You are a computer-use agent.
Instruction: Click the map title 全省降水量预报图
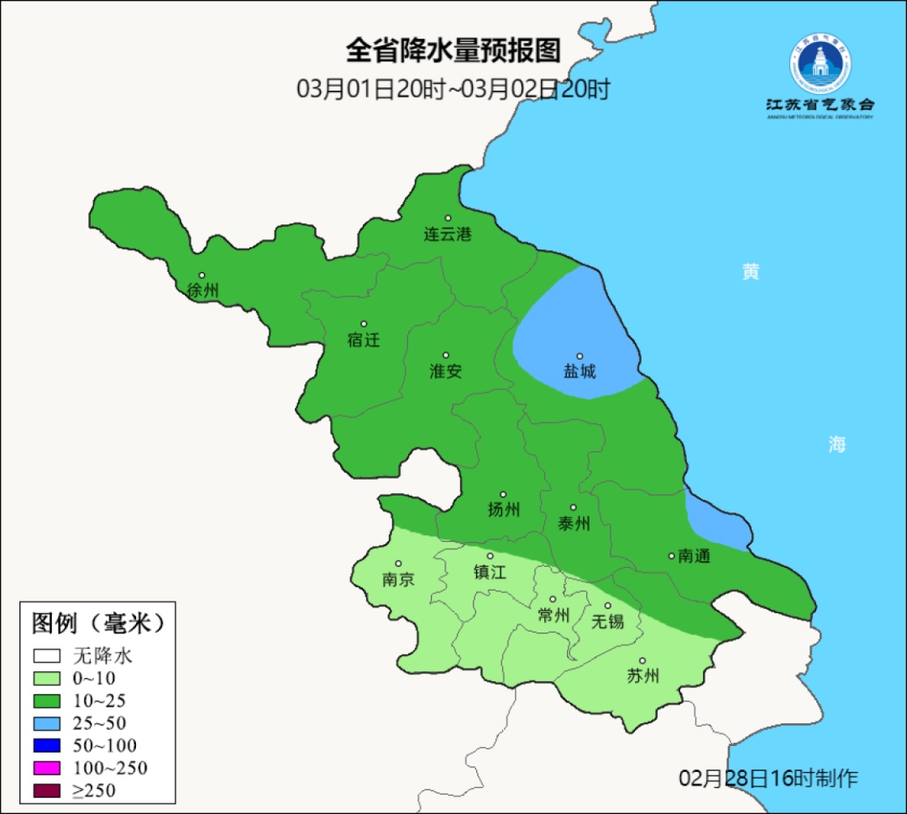click(453, 50)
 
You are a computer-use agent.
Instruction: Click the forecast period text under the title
click(453, 89)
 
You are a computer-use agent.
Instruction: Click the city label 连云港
click(448, 234)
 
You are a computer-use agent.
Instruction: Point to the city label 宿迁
click(364, 340)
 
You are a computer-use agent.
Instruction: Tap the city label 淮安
click(446, 370)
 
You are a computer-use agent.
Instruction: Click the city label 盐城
click(579, 370)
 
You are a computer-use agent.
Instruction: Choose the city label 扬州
click(504, 509)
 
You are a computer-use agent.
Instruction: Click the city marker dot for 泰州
click(574, 507)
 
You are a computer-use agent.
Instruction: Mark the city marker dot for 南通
click(672, 555)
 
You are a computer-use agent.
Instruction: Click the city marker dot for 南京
click(399, 565)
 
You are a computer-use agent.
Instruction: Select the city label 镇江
click(490, 572)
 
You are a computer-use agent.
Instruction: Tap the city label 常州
click(553, 616)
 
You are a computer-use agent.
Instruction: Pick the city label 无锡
click(608, 622)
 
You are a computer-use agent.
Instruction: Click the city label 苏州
click(643, 676)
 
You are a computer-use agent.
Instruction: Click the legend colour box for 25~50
click(47, 723)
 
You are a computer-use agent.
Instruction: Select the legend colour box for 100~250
click(47, 768)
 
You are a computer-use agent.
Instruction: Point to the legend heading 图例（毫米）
click(98, 623)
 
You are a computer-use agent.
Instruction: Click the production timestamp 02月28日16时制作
click(768, 779)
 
